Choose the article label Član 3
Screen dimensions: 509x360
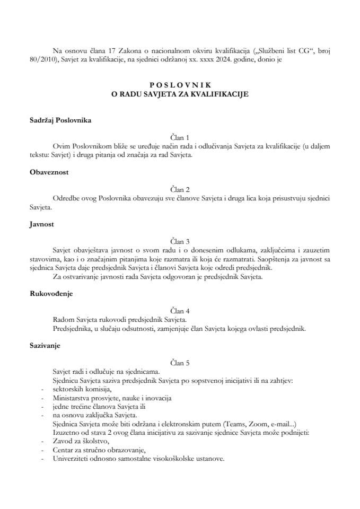pos(180,240)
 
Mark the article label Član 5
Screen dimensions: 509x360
pos(180,363)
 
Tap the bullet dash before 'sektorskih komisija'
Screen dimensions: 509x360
pos(41,389)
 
